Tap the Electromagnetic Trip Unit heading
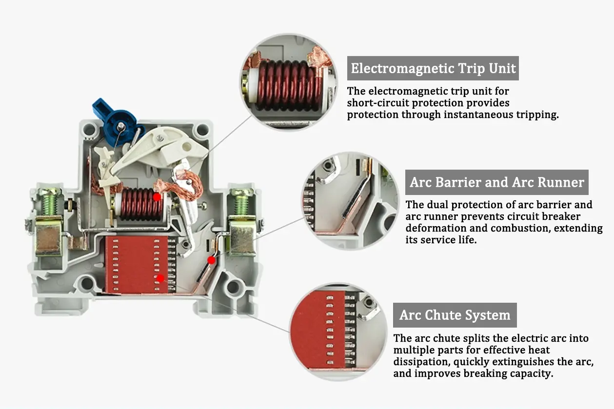point(433,68)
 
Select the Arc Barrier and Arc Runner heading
point(496,182)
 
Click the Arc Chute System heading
point(455,315)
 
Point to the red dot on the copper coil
point(157,197)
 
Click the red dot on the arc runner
point(211,260)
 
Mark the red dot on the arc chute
point(160,278)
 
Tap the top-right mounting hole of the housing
point(200,131)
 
